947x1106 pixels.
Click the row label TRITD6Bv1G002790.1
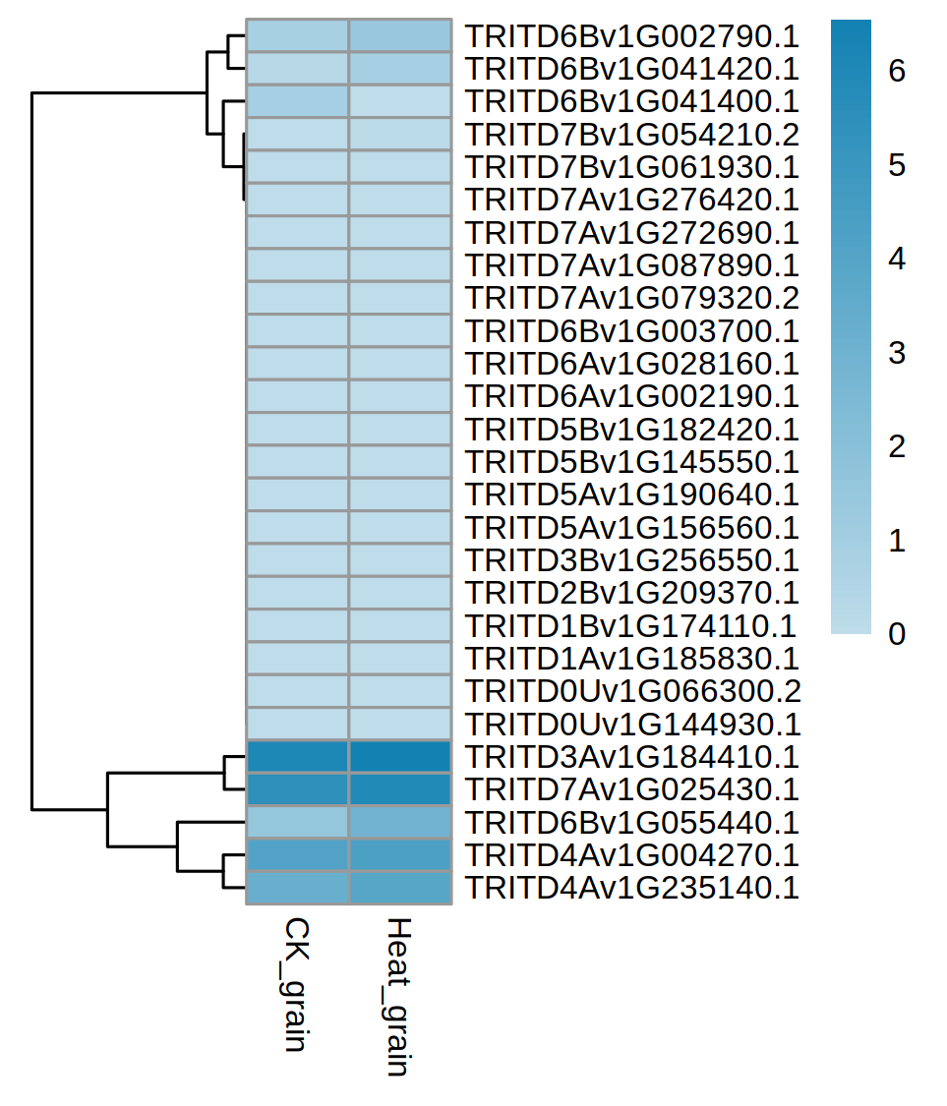pos(631,36)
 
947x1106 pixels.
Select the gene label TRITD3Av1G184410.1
pos(631,757)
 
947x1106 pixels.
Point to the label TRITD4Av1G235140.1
pos(631,888)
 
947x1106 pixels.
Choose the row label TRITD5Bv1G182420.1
pos(631,430)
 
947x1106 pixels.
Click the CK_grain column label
pos(296,985)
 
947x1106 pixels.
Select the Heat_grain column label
pos(398,997)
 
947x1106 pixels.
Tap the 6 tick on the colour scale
pos(896,72)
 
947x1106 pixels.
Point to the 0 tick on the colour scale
pos(896,634)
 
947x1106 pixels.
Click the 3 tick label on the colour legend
pos(896,353)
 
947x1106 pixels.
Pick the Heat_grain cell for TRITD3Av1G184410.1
pos(400,757)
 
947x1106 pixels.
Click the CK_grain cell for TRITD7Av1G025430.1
pos(297,789)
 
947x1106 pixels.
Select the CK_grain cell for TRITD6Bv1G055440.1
pos(297,822)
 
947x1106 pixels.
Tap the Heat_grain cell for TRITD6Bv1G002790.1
pos(400,36)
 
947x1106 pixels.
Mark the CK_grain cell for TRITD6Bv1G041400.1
pos(297,101)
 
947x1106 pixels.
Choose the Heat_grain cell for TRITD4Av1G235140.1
pos(400,888)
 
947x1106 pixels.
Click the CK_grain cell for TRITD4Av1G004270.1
pos(297,855)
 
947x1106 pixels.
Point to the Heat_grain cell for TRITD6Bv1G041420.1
pos(400,69)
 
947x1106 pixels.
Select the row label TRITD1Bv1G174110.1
pos(631,626)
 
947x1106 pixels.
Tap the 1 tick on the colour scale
pos(896,541)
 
